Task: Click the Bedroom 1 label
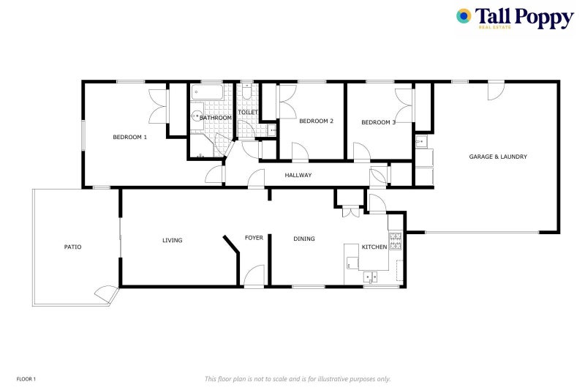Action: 129,138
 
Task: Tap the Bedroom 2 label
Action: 317,121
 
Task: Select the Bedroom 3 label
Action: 378,122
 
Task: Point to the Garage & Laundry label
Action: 498,157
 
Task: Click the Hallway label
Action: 298,176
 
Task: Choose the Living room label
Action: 172,240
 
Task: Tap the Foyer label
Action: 254,238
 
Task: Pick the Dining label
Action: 304,239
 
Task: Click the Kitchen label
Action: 374,247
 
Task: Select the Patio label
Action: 72,247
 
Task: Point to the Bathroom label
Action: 216,118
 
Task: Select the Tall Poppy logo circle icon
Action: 464,16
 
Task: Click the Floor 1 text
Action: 26,379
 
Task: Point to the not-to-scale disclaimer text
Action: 298,379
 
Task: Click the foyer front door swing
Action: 253,276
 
